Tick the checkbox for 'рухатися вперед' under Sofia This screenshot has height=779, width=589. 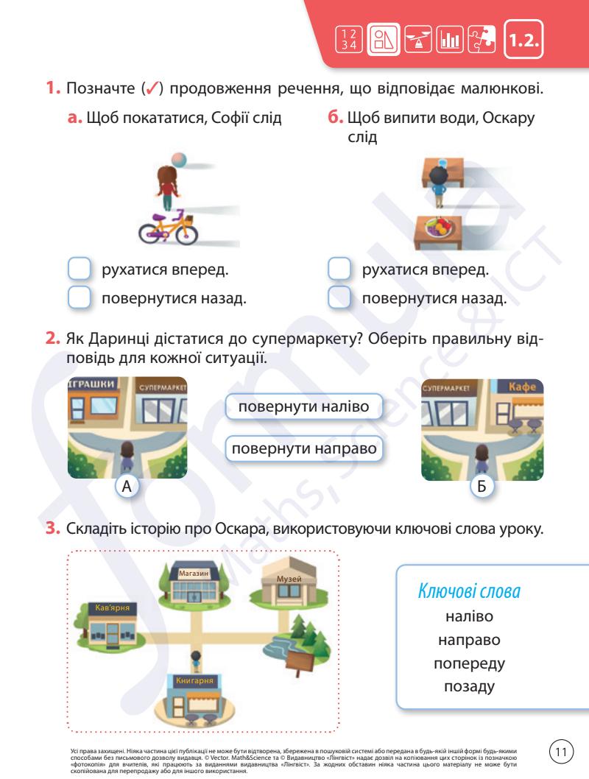point(78,270)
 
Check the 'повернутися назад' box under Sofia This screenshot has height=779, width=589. point(78,299)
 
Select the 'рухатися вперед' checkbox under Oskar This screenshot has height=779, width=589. point(338,270)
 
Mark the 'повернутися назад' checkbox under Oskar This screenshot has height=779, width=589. point(338,299)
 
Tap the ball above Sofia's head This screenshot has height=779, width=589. point(178,160)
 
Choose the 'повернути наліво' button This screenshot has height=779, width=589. point(304,407)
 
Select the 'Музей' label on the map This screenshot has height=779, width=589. point(292,579)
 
